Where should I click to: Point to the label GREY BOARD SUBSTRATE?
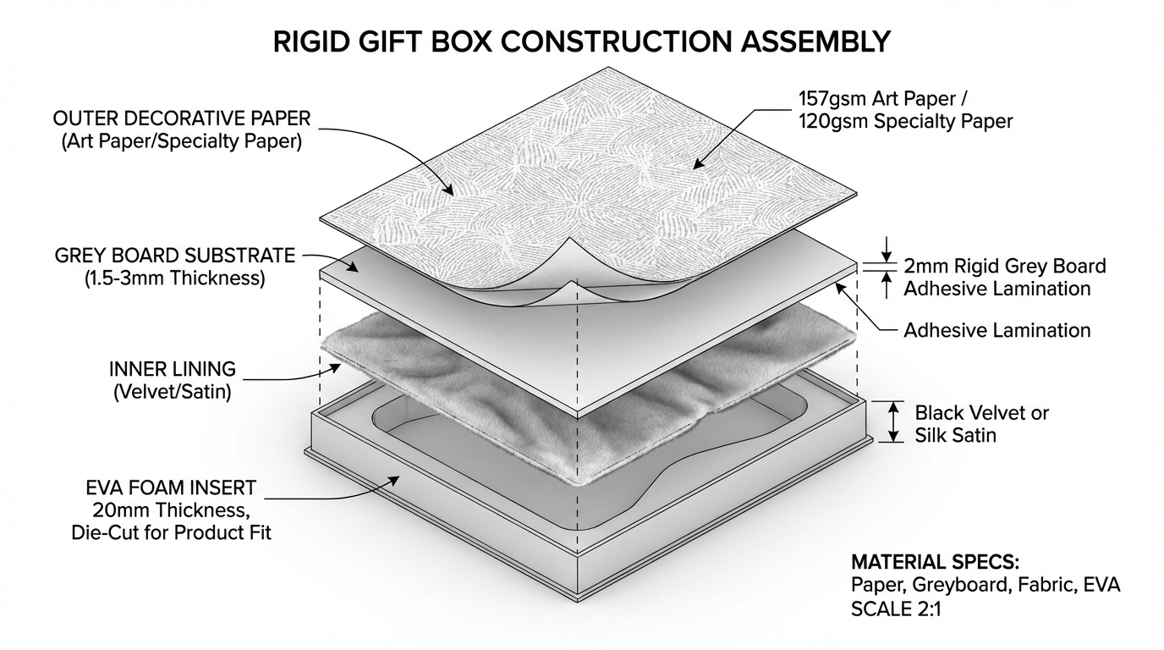174,255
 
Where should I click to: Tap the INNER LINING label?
173,370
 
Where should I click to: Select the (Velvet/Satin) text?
173,393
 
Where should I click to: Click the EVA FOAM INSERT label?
171,488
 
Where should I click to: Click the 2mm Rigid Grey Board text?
1004,266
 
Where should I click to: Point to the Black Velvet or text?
981,413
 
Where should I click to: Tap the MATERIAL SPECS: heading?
935,562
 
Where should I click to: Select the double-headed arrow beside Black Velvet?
892,421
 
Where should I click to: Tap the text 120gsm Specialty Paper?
905,121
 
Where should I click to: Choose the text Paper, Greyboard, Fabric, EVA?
986,585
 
